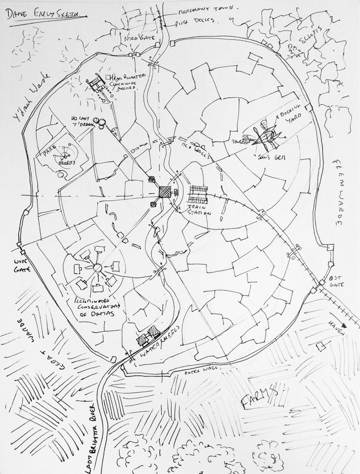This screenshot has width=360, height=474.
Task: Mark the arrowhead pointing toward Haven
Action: tap(346, 324)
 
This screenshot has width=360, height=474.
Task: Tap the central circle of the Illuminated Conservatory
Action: tap(96, 268)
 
